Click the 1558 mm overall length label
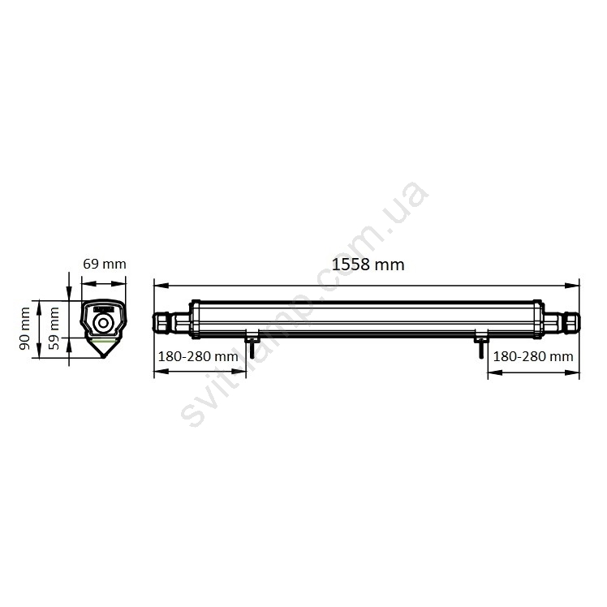click(x=368, y=265)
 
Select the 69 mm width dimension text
click(x=105, y=264)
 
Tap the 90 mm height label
click(x=25, y=329)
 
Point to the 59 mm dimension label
click(x=54, y=329)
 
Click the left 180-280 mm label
click(x=198, y=356)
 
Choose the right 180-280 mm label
click(x=532, y=356)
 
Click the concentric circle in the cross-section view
click(x=103, y=322)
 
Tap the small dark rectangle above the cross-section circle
click(x=103, y=309)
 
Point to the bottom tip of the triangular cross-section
click(x=103, y=357)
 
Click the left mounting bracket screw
click(x=252, y=347)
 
